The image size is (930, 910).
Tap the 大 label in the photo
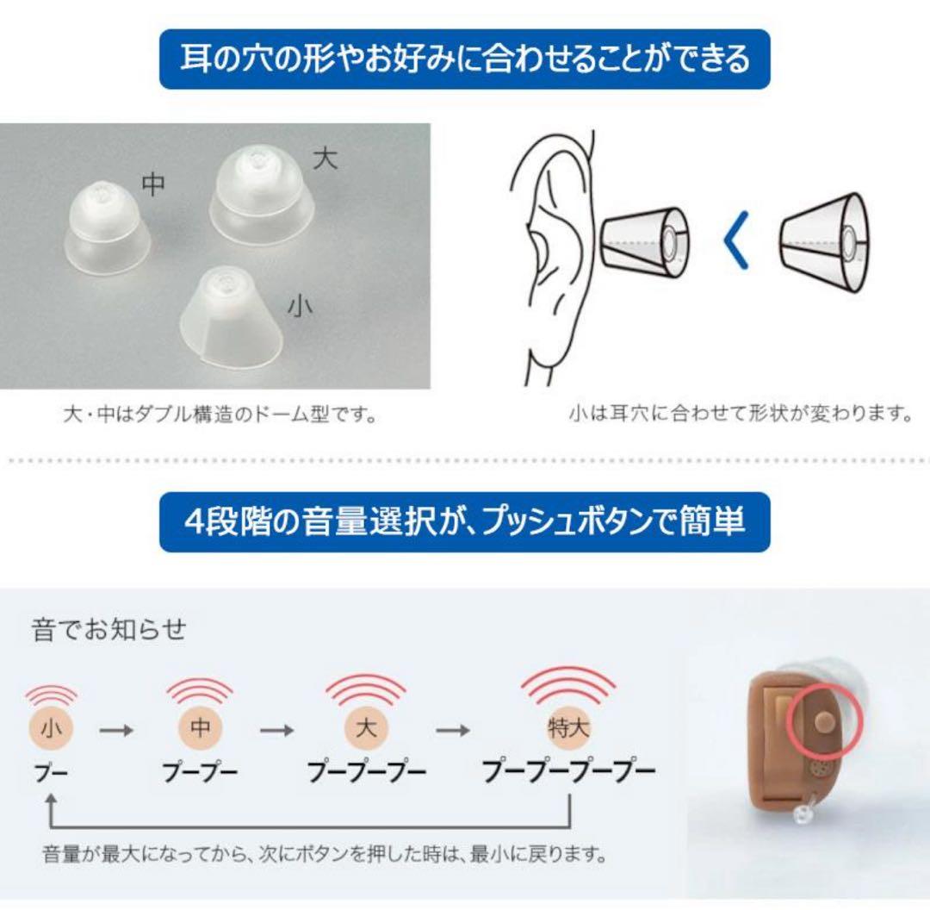click(x=325, y=159)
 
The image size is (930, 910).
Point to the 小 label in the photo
click(x=299, y=307)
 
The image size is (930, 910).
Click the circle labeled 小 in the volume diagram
click(x=51, y=728)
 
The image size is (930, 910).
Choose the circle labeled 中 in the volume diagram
click(x=200, y=728)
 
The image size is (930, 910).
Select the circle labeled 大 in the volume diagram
click(x=365, y=728)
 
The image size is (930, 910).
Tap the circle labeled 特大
click(x=568, y=728)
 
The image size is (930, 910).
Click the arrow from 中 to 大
click(x=277, y=730)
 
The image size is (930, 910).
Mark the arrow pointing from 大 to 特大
click(x=452, y=730)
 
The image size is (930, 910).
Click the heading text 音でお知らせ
click(x=108, y=629)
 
